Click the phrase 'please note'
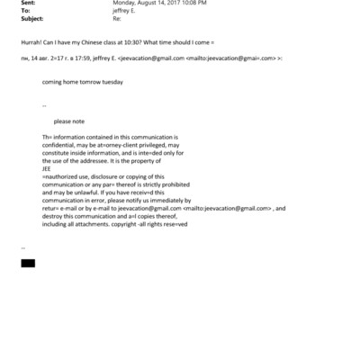click(x=69, y=121)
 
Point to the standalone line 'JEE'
click(x=47, y=167)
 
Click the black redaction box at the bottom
click(x=27, y=263)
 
